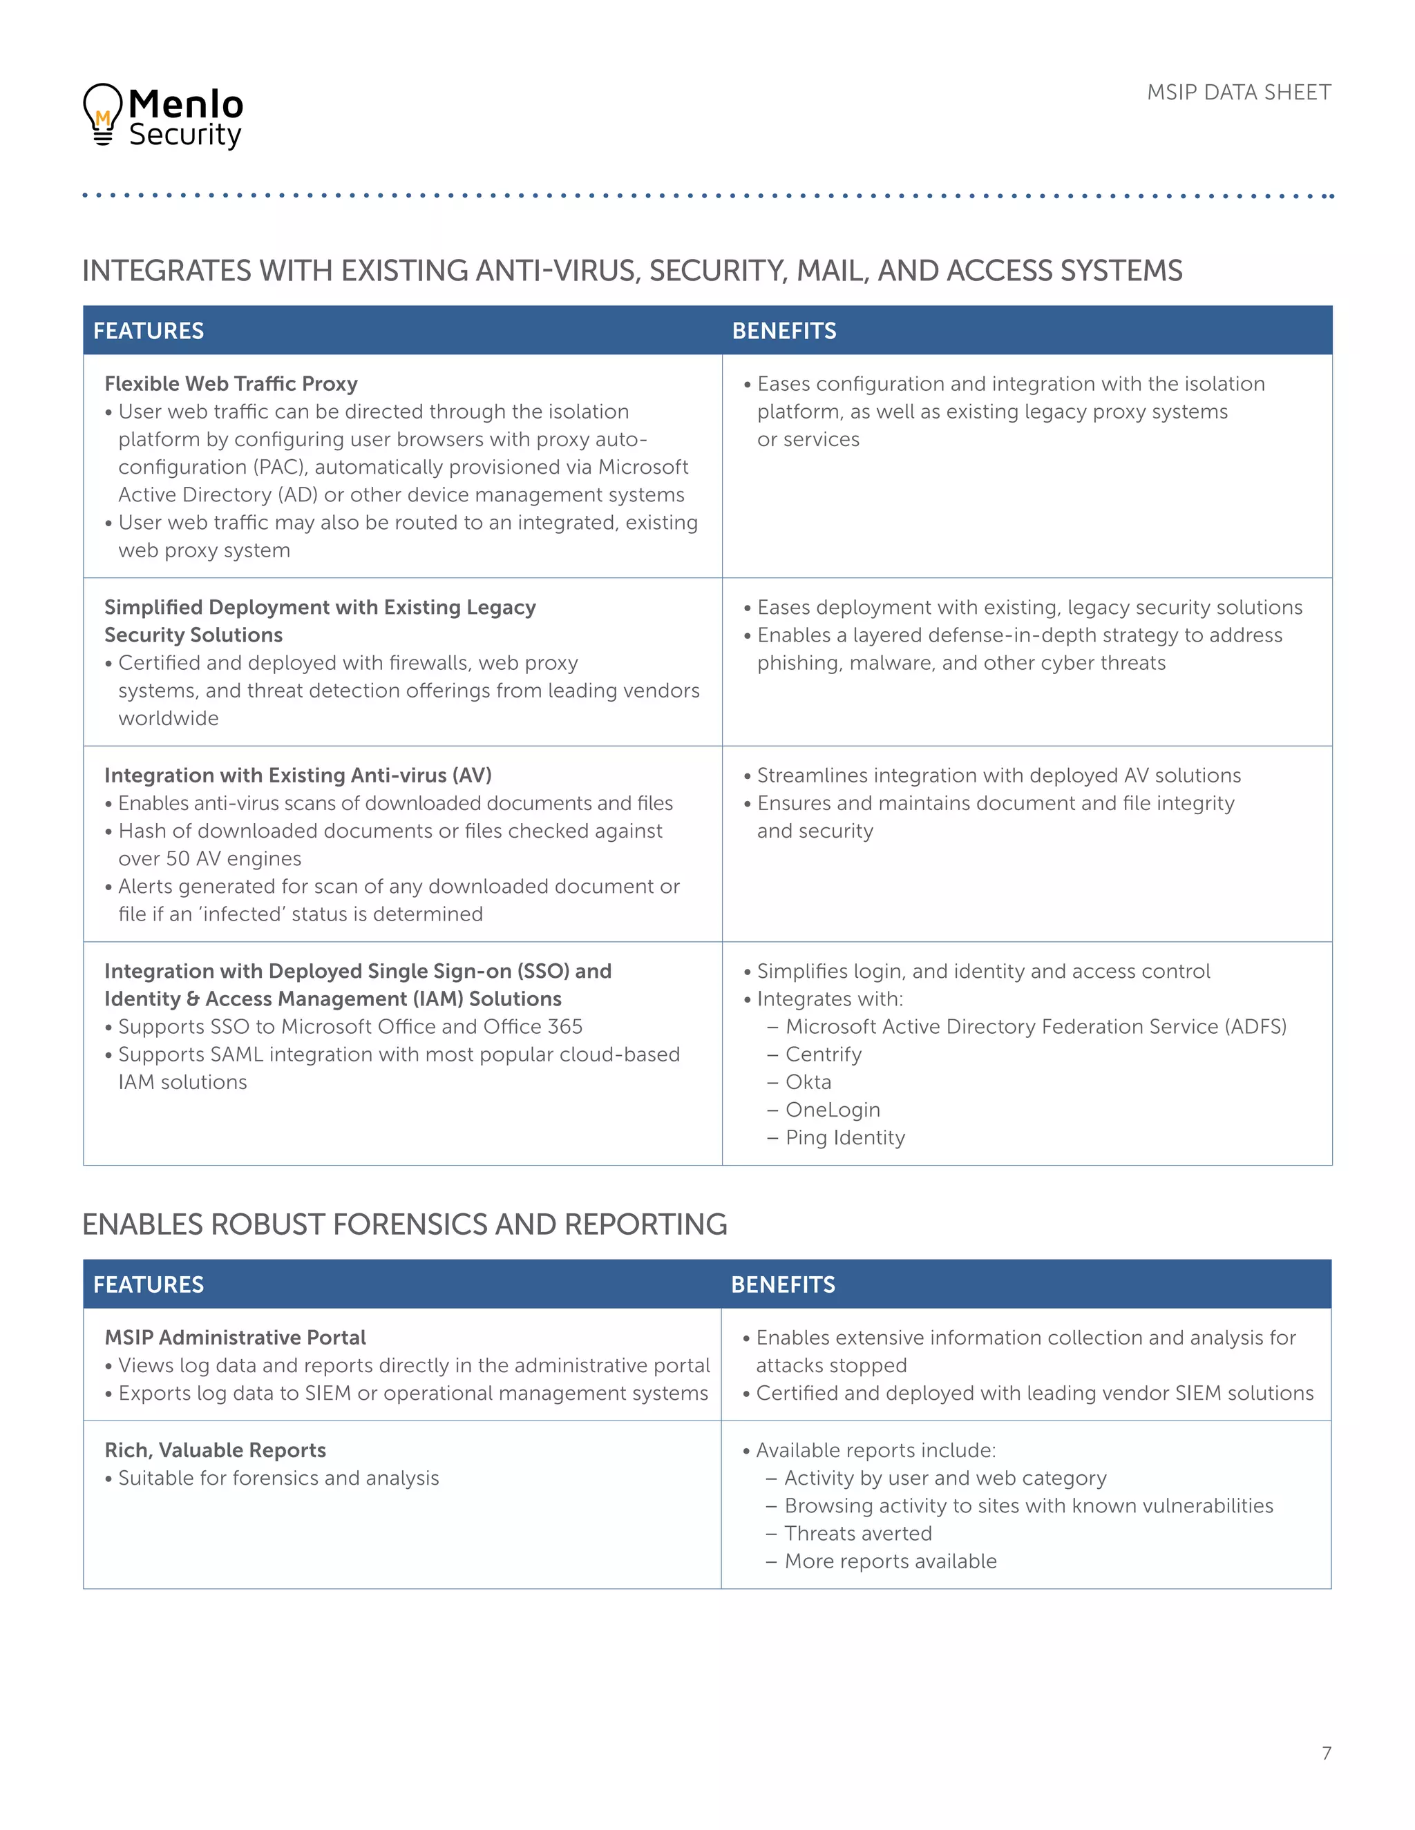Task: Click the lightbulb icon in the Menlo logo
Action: (x=102, y=115)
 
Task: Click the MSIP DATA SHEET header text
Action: (x=1238, y=92)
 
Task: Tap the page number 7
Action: (x=1326, y=1752)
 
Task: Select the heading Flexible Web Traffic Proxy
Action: (x=231, y=384)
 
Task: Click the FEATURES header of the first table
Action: (x=149, y=331)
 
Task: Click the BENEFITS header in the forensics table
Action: (x=783, y=1284)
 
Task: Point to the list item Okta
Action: (x=808, y=1081)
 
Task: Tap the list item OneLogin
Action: (x=833, y=1110)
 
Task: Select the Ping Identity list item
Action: (x=845, y=1137)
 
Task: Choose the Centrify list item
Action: (x=823, y=1054)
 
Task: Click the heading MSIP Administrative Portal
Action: (x=235, y=1338)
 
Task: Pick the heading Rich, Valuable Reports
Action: (x=216, y=1449)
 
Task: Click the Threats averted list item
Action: (x=857, y=1533)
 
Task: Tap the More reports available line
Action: (x=890, y=1561)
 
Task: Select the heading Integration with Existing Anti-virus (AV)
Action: (x=298, y=775)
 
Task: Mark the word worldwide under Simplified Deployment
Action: (x=169, y=718)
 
